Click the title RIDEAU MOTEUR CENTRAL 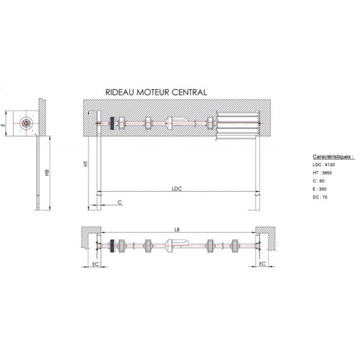(156, 93)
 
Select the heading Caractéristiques (333, 157)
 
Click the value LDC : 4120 (324, 165)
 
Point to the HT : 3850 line (322, 173)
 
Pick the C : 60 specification (318, 181)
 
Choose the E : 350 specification (319, 189)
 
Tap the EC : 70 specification (320, 197)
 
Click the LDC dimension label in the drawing (177, 188)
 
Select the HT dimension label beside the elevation (86, 164)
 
